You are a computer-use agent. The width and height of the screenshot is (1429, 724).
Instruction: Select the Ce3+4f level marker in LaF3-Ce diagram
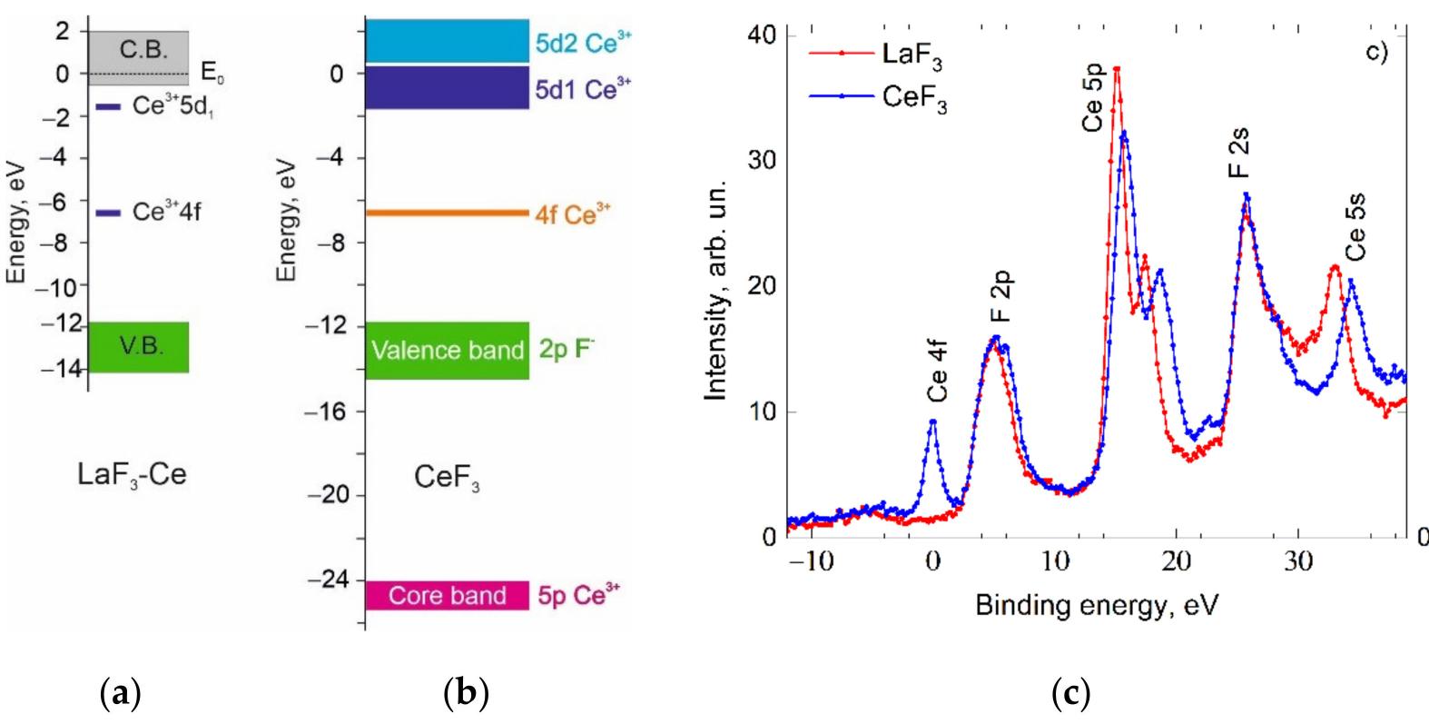[x=108, y=213]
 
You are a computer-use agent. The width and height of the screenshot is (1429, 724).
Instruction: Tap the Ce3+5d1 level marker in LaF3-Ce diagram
[x=108, y=107]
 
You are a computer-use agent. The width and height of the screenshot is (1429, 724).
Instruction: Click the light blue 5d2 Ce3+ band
[x=447, y=41]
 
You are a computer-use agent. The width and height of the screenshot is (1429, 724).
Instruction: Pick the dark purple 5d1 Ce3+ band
[x=447, y=87]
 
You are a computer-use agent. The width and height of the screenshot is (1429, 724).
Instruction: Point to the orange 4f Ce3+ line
[x=447, y=213]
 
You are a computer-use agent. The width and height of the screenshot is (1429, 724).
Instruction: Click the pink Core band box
[x=447, y=596]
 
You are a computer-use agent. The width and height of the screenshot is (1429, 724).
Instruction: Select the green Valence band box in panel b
[x=447, y=351]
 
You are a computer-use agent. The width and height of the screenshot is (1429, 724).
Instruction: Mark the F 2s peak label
[x=1241, y=153]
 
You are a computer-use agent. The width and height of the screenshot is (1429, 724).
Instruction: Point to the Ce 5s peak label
[x=1355, y=233]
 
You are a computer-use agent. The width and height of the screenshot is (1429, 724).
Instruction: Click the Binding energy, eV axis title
[x=1096, y=604]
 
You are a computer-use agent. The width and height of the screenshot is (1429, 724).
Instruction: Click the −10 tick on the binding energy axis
[x=809, y=560]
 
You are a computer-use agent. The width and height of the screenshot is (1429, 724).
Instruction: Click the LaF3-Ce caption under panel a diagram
[x=133, y=474]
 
